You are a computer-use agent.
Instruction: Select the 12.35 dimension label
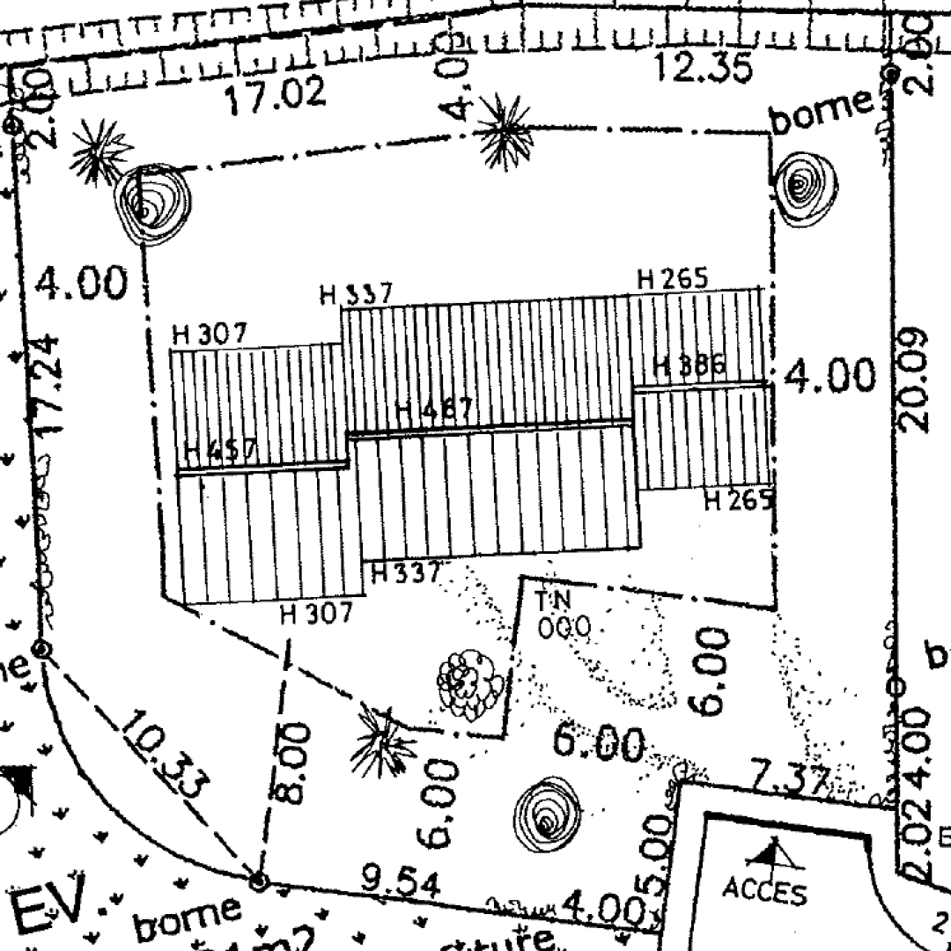(x=703, y=67)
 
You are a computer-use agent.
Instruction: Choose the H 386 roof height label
(x=689, y=365)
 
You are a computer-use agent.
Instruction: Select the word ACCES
(x=764, y=891)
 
